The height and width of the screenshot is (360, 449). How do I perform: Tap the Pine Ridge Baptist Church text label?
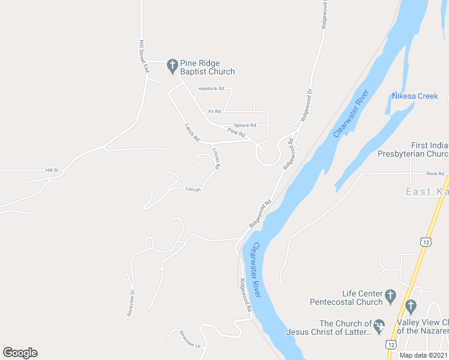click(207, 67)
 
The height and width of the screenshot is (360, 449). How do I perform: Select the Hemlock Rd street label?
click(211, 89)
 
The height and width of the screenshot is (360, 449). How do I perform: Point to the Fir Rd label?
click(214, 111)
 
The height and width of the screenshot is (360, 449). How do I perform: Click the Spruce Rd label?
click(245, 125)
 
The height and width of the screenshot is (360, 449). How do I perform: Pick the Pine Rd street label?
click(237, 132)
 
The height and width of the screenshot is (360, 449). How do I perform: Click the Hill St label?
click(52, 170)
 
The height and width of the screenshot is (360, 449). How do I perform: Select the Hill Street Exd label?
click(143, 56)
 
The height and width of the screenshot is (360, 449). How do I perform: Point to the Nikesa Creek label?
click(415, 96)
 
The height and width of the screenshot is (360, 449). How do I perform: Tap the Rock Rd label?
click(435, 174)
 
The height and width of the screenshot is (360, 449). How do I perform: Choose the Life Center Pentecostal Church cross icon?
click(391, 295)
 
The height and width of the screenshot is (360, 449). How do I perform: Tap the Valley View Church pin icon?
click(411, 307)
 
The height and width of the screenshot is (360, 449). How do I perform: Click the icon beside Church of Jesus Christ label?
click(379, 327)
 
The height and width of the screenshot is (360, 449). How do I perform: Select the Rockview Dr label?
click(130, 304)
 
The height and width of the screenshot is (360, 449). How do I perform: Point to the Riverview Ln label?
click(188, 340)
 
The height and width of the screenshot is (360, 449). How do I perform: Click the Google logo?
click(20, 353)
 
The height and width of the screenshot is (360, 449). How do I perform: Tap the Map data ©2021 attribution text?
click(423, 355)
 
